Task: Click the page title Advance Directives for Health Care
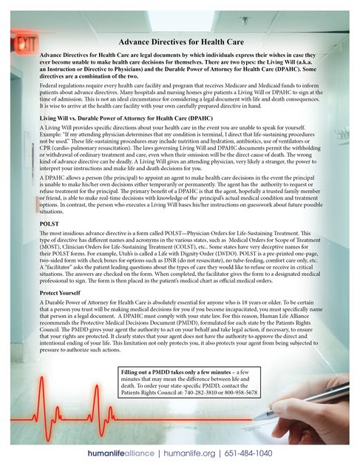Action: [x=181, y=44]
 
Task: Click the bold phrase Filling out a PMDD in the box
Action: [x=159, y=370]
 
